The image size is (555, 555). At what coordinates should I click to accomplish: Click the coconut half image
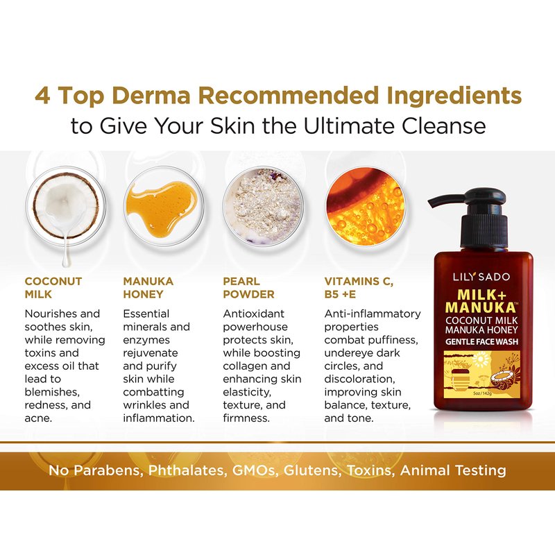tap(66, 205)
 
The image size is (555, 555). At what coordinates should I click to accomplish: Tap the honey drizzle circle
tap(163, 206)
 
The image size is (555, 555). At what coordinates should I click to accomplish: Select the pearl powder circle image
tap(263, 206)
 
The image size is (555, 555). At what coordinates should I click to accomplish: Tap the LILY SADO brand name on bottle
tap(481, 277)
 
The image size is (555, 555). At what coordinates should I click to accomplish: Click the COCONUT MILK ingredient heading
tap(53, 288)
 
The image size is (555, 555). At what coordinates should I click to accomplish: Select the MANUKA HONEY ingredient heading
tap(148, 288)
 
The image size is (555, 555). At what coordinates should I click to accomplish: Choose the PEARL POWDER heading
tap(248, 288)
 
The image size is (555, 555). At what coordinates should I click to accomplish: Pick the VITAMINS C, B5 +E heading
tap(359, 288)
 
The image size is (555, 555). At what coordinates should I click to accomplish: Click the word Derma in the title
tap(151, 96)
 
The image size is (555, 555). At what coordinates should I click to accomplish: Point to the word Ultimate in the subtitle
tap(349, 126)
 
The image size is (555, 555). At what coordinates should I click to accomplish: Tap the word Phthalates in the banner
tap(187, 471)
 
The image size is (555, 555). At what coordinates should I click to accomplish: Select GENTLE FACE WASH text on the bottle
tap(481, 342)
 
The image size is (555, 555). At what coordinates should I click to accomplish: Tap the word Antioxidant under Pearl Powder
tap(253, 314)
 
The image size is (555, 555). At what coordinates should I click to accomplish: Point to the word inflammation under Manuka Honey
tap(159, 418)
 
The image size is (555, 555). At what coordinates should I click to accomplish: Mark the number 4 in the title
tap(42, 96)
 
